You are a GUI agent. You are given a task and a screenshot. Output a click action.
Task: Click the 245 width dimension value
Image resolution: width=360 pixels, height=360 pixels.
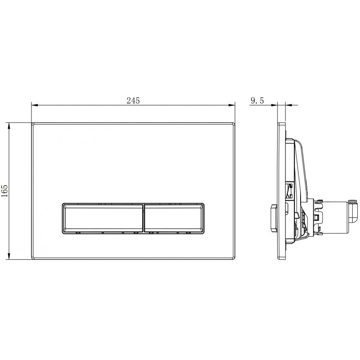point(133,101)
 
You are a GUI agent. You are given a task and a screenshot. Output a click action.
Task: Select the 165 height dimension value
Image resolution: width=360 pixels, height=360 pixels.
point(5,191)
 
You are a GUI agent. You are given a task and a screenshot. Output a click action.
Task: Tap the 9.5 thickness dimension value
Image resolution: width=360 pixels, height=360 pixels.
point(257,101)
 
